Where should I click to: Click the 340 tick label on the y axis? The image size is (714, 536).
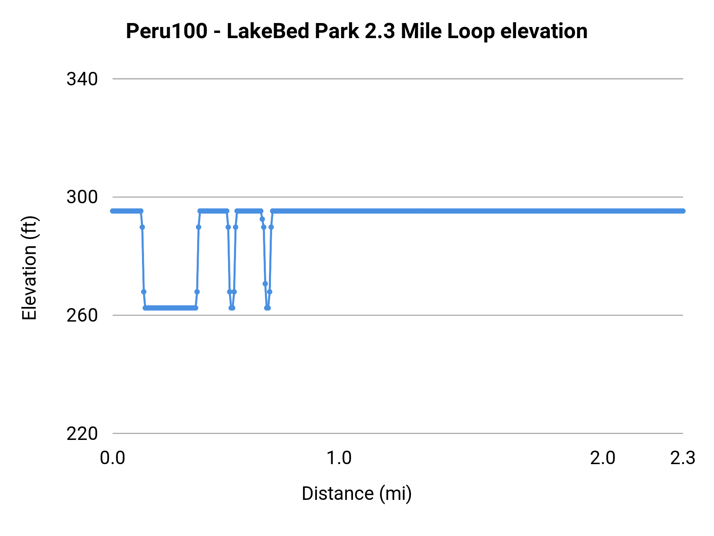82,79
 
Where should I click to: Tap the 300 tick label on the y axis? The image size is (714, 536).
82,197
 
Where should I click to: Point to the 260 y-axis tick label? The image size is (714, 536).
82,316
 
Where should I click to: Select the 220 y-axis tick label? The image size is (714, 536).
82,434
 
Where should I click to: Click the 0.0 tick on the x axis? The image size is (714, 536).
113,458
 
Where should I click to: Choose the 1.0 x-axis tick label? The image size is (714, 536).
339,458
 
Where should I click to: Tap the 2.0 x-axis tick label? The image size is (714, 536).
603,458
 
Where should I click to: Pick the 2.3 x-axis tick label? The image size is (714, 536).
683,458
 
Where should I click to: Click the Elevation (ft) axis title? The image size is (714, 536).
29,268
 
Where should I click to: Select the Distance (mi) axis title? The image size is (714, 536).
357,494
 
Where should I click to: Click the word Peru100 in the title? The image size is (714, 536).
167,31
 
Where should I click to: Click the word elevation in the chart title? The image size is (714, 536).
544,31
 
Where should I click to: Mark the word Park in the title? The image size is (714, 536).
337,31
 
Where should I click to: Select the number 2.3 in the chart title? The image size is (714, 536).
380,31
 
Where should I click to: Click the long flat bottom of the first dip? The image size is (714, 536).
170,308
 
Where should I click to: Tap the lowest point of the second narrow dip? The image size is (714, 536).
232,308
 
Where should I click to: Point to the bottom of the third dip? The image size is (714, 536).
267,308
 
